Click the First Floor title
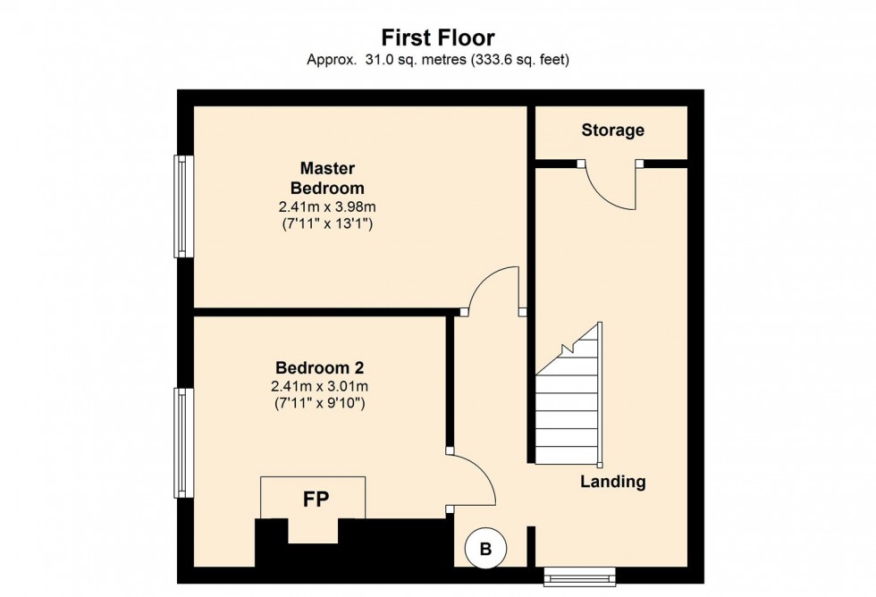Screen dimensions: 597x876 click(438, 38)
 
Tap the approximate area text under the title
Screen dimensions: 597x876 click(438, 61)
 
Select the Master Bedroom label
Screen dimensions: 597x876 click(327, 178)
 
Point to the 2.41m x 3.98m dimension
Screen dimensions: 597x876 click(327, 207)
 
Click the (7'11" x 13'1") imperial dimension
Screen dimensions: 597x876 click(327, 224)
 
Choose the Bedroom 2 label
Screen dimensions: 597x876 click(319, 367)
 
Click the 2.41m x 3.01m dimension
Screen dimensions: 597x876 click(319, 386)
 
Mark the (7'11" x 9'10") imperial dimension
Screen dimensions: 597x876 click(319, 403)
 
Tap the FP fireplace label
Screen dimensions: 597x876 click(312, 500)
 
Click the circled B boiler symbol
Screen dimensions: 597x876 click(485, 549)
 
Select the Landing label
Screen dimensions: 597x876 click(612, 482)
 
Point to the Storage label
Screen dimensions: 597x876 click(612, 130)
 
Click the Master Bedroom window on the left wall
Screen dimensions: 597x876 click(183, 206)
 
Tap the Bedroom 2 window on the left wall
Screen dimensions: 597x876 click(183, 442)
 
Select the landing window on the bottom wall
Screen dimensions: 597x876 click(580, 576)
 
